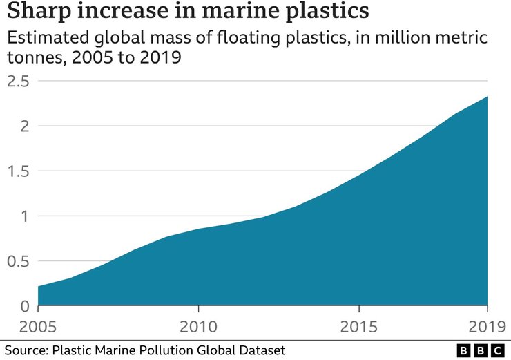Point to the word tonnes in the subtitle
[29, 59]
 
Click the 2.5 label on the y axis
[19, 82]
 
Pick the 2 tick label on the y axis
[25, 126]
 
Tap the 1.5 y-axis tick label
[19, 171]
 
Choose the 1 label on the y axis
[26, 216]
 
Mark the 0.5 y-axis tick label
[19, 261]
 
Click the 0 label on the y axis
[25, 306]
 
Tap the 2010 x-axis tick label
[198, 325]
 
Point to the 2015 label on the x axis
[359, 325]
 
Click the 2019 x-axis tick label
[488, 325]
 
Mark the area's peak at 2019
[488, 97]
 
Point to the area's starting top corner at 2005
[38, 286]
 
